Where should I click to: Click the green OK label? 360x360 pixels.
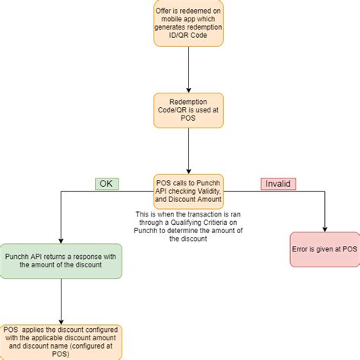pos(106,183)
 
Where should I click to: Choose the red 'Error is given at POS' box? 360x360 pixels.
pos(324,248)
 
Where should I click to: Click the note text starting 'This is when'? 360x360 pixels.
pos(151,214)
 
